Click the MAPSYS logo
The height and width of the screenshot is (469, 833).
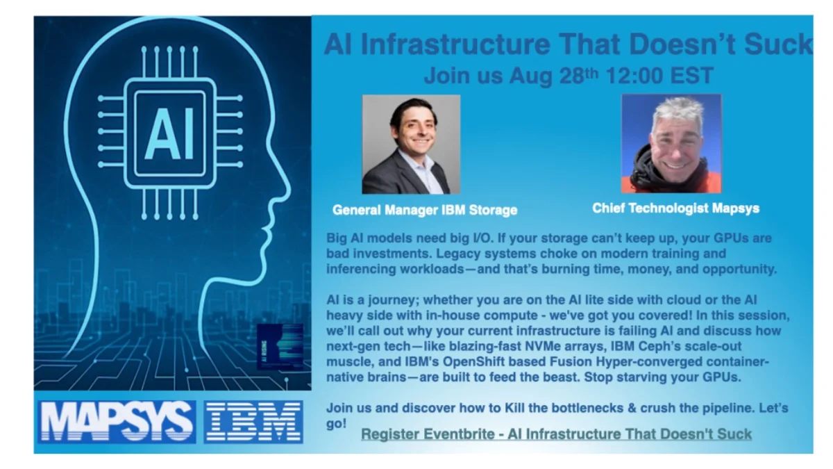117,422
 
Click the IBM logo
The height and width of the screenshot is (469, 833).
253,422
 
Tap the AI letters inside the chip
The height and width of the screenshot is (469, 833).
171,133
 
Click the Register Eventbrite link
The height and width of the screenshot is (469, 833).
556,434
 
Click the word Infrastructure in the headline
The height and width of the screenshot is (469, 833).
455,44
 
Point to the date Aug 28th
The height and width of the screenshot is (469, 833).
553,76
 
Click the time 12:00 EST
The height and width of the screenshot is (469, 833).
659,76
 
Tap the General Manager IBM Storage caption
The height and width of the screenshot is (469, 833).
425,210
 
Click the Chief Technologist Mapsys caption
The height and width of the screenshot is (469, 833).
675,208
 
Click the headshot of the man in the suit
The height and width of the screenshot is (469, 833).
411,145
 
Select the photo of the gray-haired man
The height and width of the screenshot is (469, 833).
672,144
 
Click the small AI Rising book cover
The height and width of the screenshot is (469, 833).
280,347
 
